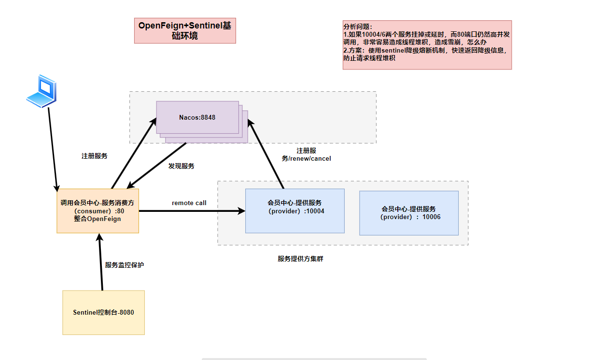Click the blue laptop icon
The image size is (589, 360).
[41, 90]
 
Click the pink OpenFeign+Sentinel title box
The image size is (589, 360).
[185, 31]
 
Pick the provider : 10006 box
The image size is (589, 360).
[408, 213]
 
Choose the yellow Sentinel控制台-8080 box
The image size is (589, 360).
[103, 312]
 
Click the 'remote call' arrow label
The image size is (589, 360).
[189, 203]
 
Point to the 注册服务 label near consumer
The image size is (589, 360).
[95, 156]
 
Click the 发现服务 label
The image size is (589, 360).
[182, 166]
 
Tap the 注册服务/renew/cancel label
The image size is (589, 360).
[307, 154]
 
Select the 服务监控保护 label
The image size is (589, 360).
[125, 265]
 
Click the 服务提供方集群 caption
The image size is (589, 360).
[300, 259]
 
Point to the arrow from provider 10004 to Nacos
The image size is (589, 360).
[267, 154]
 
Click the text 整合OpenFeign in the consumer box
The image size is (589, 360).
[98, 219]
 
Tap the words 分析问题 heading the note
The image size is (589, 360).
[358, 27]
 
